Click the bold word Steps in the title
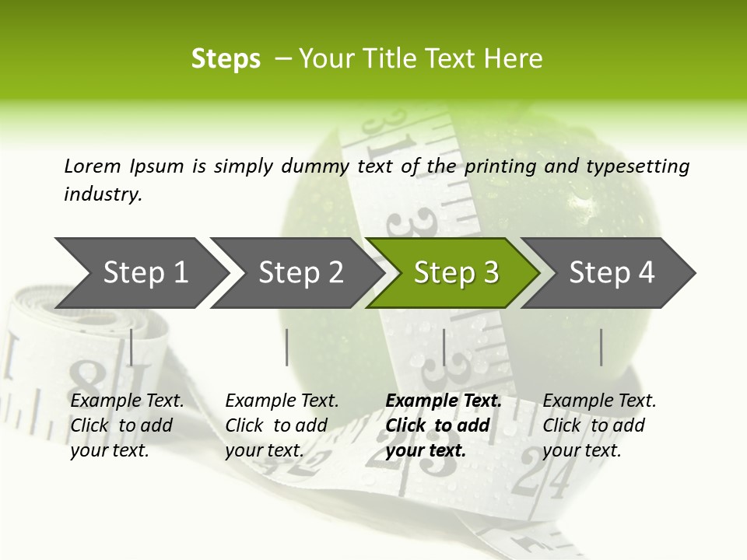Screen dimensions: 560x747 226,59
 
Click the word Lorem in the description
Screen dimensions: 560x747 92,166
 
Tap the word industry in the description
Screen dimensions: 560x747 103,194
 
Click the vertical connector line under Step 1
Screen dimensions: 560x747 132,347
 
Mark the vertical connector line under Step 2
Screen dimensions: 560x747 287,347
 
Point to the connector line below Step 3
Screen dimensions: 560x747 444,347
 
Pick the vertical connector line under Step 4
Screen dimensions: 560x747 601,347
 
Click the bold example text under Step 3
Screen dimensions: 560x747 443,425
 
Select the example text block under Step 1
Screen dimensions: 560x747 127,425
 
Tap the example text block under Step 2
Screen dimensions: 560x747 282,425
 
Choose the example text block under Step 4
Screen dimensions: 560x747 599,425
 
